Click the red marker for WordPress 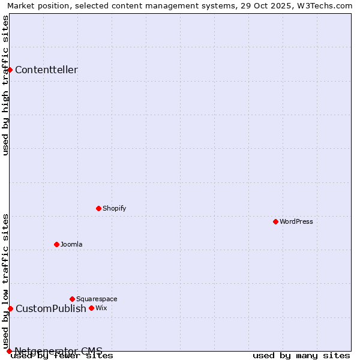275,221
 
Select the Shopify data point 99,208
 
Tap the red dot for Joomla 57,244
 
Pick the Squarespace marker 72,299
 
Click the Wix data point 91,308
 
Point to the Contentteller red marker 10,70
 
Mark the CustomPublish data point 10,308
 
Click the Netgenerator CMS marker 9,351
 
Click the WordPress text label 296,221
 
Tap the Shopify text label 114,208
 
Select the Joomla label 71,244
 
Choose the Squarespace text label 97,299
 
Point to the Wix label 101,308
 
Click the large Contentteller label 46,70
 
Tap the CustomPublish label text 51,308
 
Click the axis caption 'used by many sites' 301,355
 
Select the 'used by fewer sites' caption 62,355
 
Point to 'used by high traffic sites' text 6,85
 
